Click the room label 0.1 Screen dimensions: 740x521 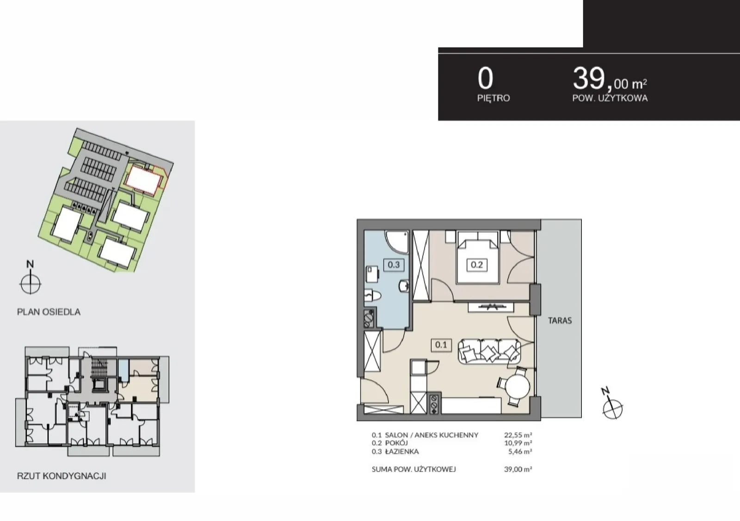441,345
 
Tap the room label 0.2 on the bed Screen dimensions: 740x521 477,265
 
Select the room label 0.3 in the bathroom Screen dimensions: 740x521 394,265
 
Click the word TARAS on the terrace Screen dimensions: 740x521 560,321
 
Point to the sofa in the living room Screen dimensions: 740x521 489,352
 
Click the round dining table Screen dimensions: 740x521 518,387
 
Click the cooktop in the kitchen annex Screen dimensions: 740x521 434,404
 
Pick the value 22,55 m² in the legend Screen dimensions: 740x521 518,435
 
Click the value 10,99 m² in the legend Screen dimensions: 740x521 518,443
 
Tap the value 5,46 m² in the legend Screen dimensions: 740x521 520,451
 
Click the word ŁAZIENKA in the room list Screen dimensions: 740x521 402,451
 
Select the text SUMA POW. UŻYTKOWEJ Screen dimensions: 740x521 413,469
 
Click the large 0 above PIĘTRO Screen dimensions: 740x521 485,79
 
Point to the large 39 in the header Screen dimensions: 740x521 589,78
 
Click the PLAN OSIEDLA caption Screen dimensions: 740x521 49,312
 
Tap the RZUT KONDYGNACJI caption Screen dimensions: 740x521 62,476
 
